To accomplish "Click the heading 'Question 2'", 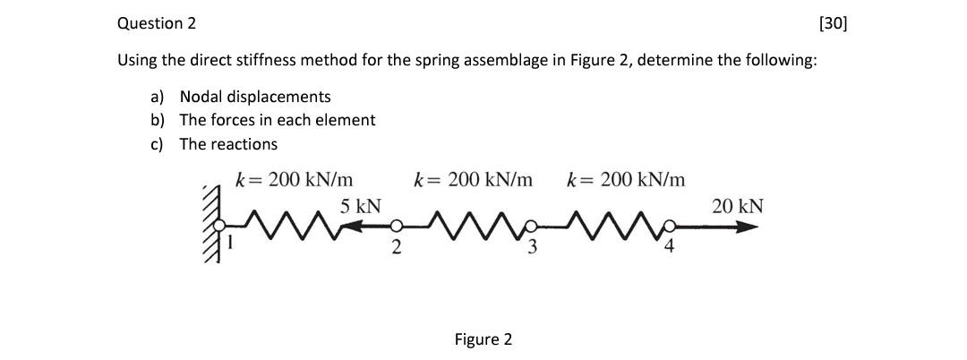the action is pos(157,23).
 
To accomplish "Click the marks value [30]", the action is pos(832,23).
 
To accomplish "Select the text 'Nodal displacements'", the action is pos(255,96).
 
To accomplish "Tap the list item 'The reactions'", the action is pos(228,143).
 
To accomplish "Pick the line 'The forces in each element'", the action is pos(278,119).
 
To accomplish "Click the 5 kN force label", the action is pos(360,206).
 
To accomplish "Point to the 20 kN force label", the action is pos(738,206).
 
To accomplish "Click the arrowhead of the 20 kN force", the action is pos(750,227).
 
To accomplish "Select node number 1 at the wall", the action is pos(231,239).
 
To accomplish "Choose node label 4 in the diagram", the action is pos(667,249).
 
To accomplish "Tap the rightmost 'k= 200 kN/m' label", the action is pos(627,179).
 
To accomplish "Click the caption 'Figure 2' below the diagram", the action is pos(483,339).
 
